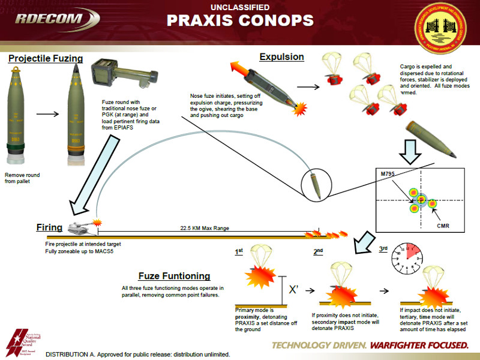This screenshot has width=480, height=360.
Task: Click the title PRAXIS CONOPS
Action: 240,21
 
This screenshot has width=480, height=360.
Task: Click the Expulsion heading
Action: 281,57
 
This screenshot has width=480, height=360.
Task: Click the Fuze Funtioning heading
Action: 174,276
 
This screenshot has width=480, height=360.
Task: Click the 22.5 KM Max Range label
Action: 205,229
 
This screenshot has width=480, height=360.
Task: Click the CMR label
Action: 443,226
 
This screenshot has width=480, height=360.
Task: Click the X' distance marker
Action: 294,289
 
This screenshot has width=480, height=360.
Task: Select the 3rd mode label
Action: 383,248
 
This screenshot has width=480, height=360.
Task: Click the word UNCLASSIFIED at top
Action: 240,7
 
